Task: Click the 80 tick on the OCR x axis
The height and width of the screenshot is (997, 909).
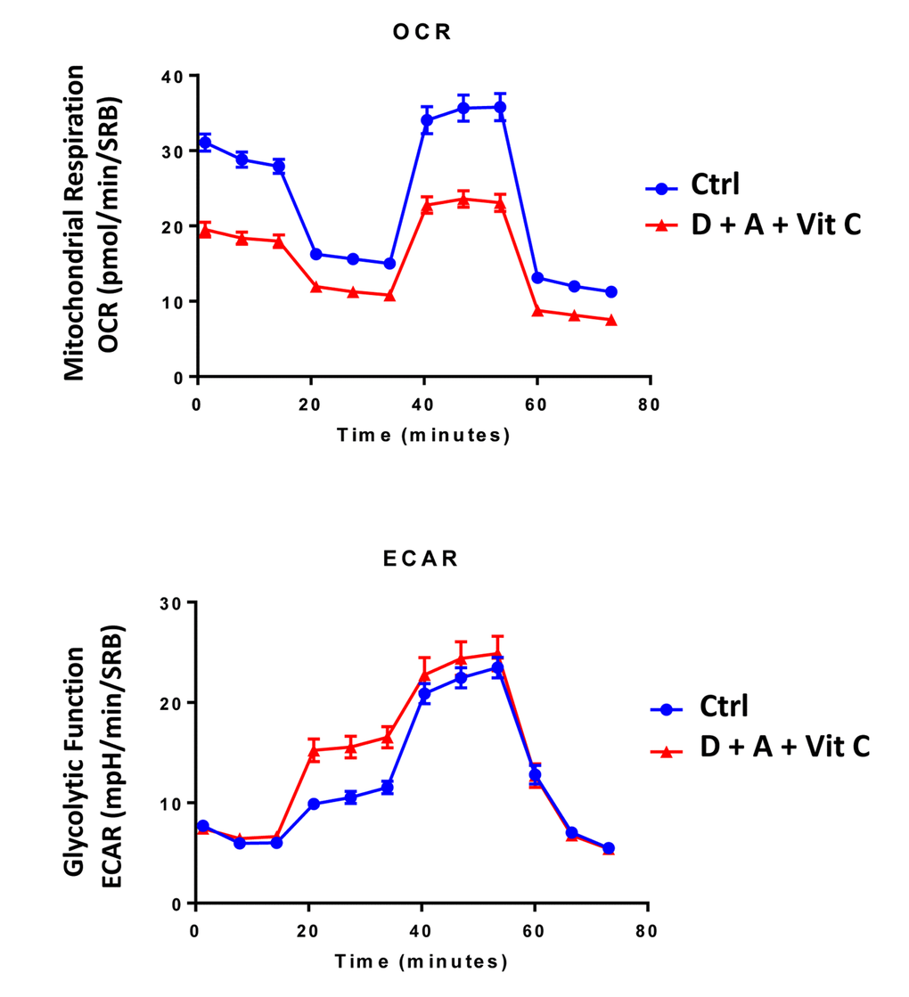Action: pos(650,404)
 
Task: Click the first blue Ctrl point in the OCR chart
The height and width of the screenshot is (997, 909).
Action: pos(205,143)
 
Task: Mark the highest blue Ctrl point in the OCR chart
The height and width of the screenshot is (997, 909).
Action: pos(500,107)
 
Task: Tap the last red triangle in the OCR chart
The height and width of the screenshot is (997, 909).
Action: pos(611,320)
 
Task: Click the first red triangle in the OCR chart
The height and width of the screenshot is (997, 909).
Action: pos(205,230)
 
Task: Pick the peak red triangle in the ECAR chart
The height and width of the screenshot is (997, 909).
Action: pos(498,653)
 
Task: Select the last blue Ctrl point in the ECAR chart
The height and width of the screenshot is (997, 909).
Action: pos(609,848)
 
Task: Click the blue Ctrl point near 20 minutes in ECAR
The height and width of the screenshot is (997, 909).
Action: pos(314,804)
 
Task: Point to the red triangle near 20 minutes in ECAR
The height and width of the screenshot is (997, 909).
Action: pos(314,750)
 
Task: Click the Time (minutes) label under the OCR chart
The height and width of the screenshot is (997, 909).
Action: pos(423,435)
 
